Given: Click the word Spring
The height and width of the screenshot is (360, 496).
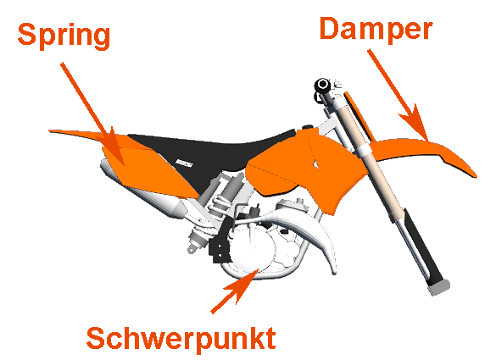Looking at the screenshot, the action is (x=64, y=36).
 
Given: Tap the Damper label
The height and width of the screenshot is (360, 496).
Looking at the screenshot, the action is (x=376, y=29).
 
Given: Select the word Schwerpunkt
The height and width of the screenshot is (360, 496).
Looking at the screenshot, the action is (x=181, y=339).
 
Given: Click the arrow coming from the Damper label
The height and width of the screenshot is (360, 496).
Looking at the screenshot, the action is (x=398, y=95).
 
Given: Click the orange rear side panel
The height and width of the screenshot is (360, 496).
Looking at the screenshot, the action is (x=148, y=170).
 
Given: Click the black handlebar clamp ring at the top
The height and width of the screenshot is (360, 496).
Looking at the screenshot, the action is (x=323, y=85).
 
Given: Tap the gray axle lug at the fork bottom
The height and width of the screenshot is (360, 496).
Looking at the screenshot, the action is (x=438, y=288).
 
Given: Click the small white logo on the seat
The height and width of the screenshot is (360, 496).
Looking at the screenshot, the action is (x=185, y=163).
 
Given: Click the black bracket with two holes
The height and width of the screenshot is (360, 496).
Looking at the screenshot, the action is (x=220, y=250).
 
